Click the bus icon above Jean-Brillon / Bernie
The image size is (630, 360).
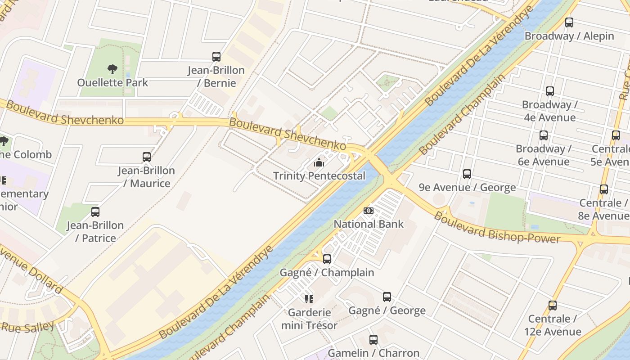click(216, 57)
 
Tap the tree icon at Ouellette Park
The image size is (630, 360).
click(112, 69)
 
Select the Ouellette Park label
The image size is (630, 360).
click(112, 83)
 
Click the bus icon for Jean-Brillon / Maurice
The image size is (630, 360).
click(147, 157)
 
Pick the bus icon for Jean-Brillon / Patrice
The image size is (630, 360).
click(95, 211)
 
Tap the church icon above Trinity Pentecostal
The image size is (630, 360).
click(319, 162)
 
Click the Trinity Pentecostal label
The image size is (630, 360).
click(319, 176)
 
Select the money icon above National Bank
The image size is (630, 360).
click(369, 211)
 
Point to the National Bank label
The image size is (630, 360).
click(369, 224)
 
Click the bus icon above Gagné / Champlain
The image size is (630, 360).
click(327, 259)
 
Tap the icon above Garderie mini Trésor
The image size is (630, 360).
click(309, 299)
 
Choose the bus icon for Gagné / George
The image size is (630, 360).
click(387, 297)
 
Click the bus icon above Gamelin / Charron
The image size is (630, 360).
click(373, 340)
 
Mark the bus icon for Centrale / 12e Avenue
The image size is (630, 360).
click(553, 306)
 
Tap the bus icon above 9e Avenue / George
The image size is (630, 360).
click(467, 174)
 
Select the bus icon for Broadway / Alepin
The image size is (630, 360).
click(569, 22)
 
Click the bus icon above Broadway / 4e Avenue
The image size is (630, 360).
click(550, 91)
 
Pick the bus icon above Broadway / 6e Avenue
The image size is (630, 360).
click(544, 135)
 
